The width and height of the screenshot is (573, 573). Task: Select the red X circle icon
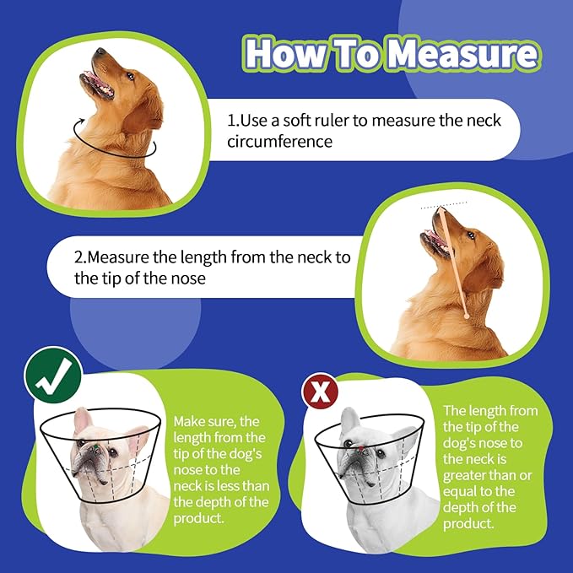[320, 392]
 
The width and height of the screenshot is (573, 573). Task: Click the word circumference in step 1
[278, 141]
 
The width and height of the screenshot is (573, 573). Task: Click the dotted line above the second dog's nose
[445, 203]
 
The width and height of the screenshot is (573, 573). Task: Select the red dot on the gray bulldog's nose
[358, 450]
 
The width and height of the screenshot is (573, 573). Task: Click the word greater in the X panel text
[469, 460]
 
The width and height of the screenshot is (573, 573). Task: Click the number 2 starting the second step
[78, 257]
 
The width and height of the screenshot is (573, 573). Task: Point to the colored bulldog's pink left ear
[82, 421]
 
